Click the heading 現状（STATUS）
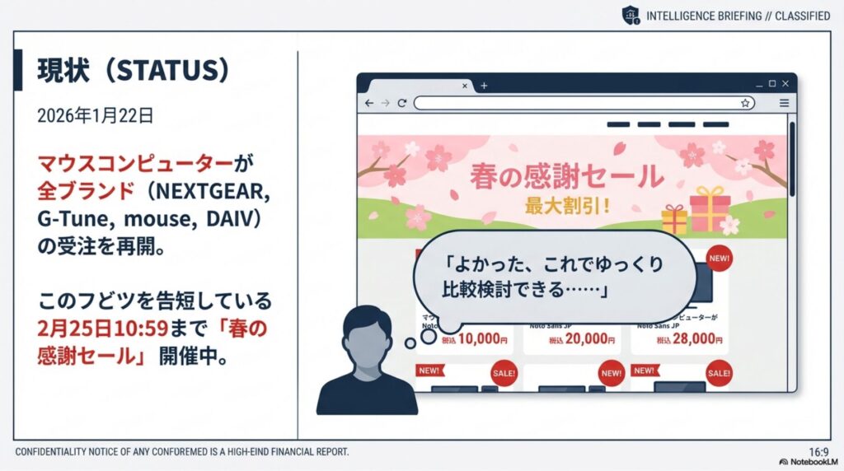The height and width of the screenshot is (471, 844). (133, 72)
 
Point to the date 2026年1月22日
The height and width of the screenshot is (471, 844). (95, 116)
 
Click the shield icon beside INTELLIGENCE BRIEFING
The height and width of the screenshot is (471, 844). (631, 16)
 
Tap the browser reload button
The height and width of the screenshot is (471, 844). (402, 103)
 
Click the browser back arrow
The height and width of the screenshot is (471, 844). (368, 103)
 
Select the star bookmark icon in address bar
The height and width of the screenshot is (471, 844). (745, 103)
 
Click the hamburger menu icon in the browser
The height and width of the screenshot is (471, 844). (784, 103)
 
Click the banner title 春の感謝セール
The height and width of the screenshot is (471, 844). (566, 176)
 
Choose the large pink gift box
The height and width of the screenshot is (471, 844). (710, 209)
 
